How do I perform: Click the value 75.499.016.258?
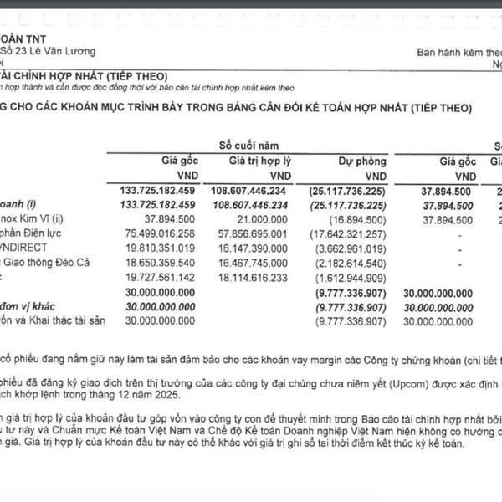(x=180, y=233)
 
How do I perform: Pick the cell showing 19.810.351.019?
(x=180, y=248)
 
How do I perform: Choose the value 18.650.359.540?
(x=180, y=262)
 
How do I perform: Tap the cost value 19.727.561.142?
(x=180, y=277)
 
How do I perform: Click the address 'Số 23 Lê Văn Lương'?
(x=48, y=52)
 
